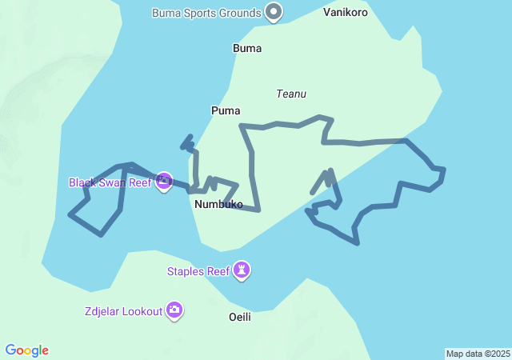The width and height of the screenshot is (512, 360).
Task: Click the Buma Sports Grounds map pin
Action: tap(274, 12)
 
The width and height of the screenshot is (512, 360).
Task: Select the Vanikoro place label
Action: tap(346, 13)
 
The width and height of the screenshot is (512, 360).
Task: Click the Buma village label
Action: tap(247, 48)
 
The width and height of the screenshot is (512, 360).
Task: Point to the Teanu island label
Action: tap(291, 94)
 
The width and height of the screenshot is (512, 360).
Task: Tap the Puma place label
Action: tap(226, 110)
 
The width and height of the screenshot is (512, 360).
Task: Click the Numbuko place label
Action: tap(218, 204)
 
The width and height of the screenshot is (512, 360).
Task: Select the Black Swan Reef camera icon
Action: tap(164, 182)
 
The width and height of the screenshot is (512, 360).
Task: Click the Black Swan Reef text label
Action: tap(110, 182)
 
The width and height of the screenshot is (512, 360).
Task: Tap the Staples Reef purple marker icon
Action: tap(242, 271)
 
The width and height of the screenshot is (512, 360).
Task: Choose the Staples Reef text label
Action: tap(198, 271)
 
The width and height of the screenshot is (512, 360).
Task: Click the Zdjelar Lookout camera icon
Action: tap(174, 310)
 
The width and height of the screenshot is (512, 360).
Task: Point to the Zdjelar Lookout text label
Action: tap(122, 310)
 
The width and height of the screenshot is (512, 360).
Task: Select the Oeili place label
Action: tap(240, 317)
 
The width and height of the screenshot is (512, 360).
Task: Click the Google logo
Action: tap(27, 350)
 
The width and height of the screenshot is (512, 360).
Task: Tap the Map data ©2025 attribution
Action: tap(478, 354)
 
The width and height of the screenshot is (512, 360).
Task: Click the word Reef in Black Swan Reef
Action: tap(139, 182)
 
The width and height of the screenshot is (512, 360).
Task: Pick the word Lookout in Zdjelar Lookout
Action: tap(142, 310)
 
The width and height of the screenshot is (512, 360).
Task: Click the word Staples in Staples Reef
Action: tap(186, 271)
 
